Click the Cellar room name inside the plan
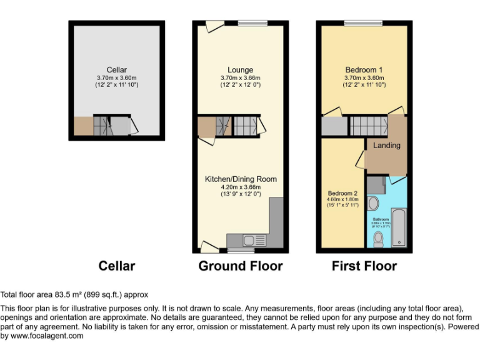pos(116,70)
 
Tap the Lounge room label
pos(241,70)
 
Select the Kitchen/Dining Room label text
pos(241,179)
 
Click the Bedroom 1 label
pos(364,70)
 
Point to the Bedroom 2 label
pos(342,193)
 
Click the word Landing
pos(387,146)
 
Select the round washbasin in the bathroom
pos(374,203)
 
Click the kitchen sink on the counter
pos(249,240)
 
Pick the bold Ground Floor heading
pos(241,266)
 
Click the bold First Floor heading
pos(364,266)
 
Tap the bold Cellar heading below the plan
pos(117,266)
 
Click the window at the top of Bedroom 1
pos(363,23)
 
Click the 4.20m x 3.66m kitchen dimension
pos(241,187)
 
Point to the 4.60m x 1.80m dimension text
pos(342,200)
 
